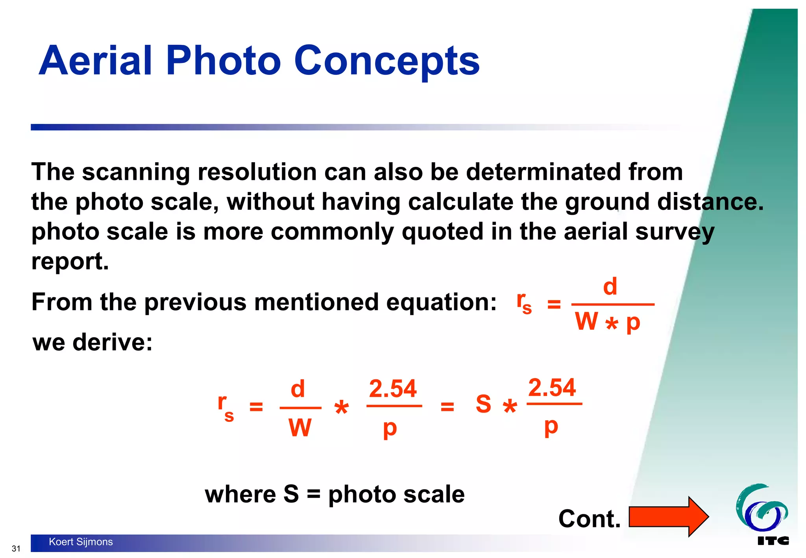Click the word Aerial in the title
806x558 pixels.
click(x=95, y=61)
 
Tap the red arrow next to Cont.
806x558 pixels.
click(x=669, y=517)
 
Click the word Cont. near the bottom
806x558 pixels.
click(x=589, y=519)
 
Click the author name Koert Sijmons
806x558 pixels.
click(x=81, y=542)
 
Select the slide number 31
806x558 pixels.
click(x=16, y=549)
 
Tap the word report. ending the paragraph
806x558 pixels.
click(x=70, y=261)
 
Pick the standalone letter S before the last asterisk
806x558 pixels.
click(x=483, y=404)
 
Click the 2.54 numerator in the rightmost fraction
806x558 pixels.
click(x=552, y=388)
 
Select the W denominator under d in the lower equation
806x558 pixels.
click(x=300, y=427)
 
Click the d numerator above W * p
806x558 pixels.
click(x=610, y=286)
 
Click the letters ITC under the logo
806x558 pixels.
click(x=773, y=541)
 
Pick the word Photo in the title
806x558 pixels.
click(x=224, y=61)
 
